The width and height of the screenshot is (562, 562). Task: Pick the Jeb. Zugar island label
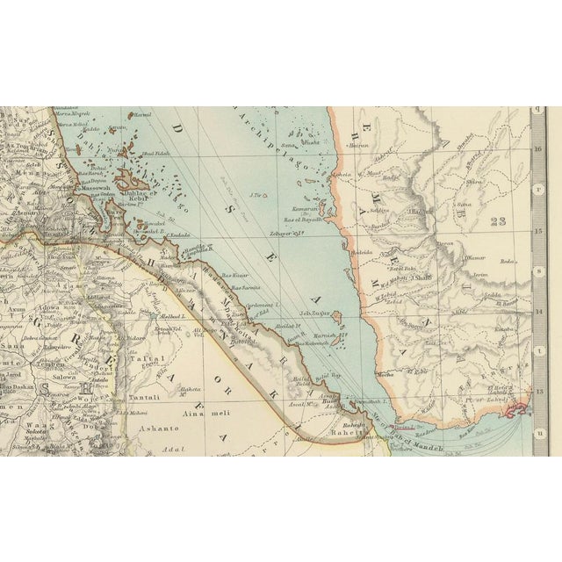(314, 312)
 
